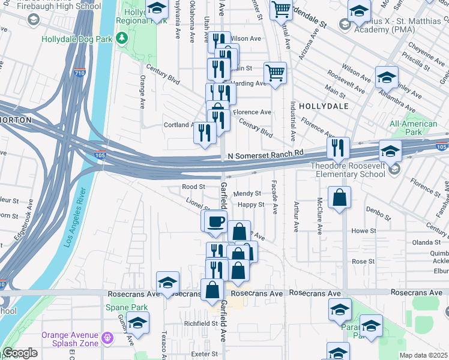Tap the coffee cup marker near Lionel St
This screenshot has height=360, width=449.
tap(215, 222)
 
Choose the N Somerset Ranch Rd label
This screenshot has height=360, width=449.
tap(266, 155)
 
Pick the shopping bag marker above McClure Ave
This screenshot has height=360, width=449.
tap(340, 198)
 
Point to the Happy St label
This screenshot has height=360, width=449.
tap(251, 205)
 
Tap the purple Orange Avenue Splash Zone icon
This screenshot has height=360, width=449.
tap(107, 339)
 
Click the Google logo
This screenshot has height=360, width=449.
tap(20, 353)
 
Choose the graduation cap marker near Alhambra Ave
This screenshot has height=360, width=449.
tap(387, 77)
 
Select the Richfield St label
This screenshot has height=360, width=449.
tap(200, 323)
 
